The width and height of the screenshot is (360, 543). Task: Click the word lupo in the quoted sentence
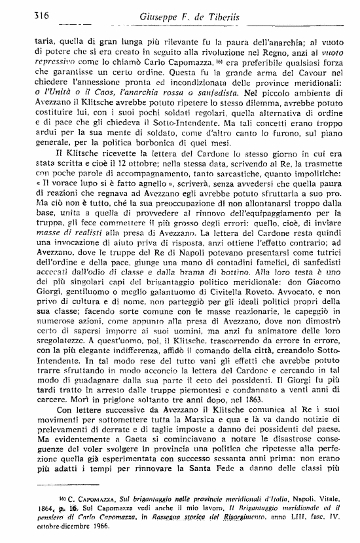coord(87,206)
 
